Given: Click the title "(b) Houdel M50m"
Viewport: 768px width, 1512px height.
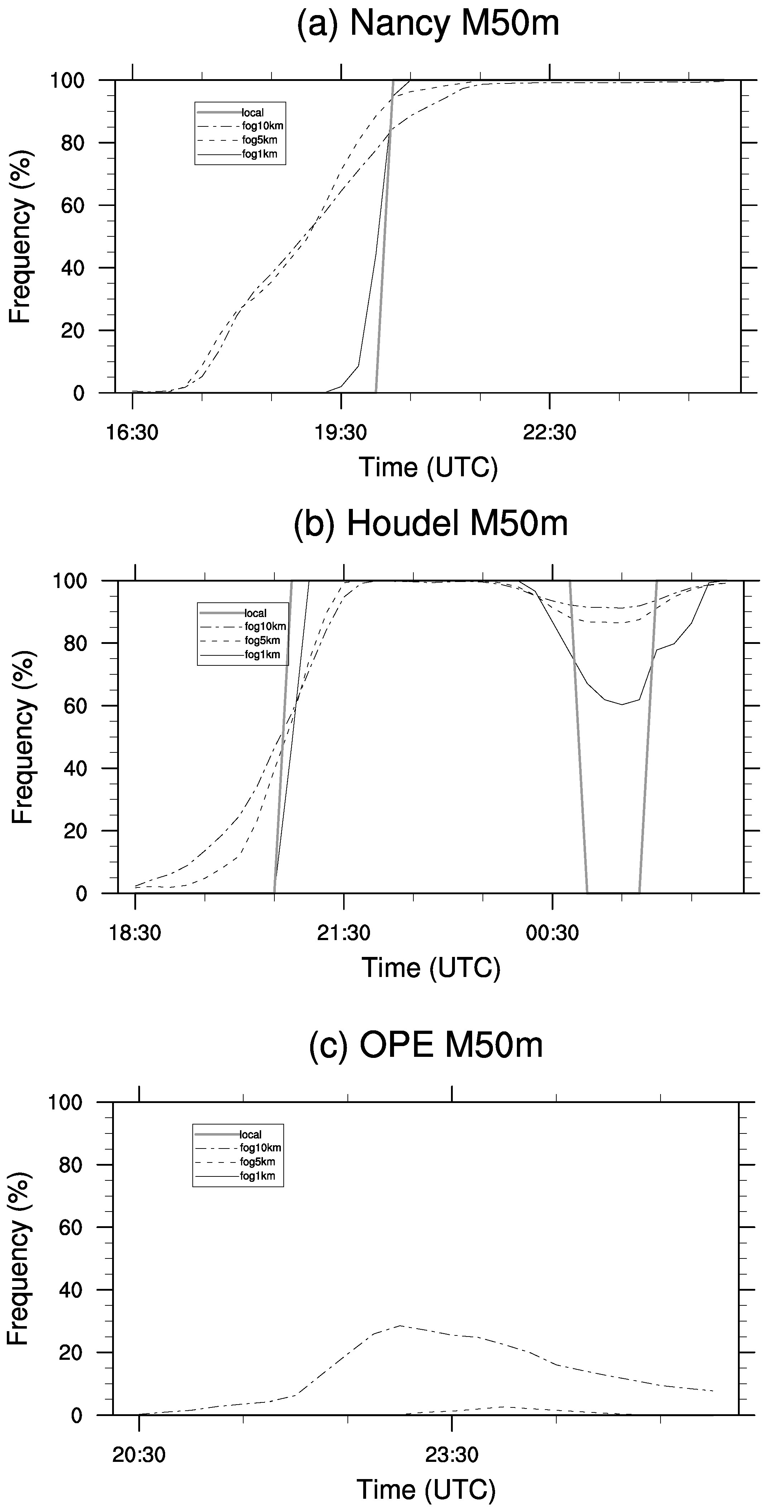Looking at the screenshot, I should click(x=430, y=524).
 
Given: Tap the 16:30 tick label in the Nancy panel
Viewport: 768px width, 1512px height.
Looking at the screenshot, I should click(x=133, y=433).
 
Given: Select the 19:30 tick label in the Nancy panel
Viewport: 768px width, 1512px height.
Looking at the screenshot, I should click(x=341, y=433).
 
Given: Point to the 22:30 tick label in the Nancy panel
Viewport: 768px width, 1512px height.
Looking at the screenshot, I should click(x=549, y=433).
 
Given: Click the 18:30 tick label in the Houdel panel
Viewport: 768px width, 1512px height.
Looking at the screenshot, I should click(x=135, y=933).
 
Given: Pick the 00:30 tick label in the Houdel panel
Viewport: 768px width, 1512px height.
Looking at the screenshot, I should click(x=552, y=933).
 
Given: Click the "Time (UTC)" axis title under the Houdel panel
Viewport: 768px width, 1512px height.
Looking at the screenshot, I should click(x=431, y=967).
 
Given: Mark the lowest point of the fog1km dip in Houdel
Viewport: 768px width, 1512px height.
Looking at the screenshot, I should click(x=622, y=704).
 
